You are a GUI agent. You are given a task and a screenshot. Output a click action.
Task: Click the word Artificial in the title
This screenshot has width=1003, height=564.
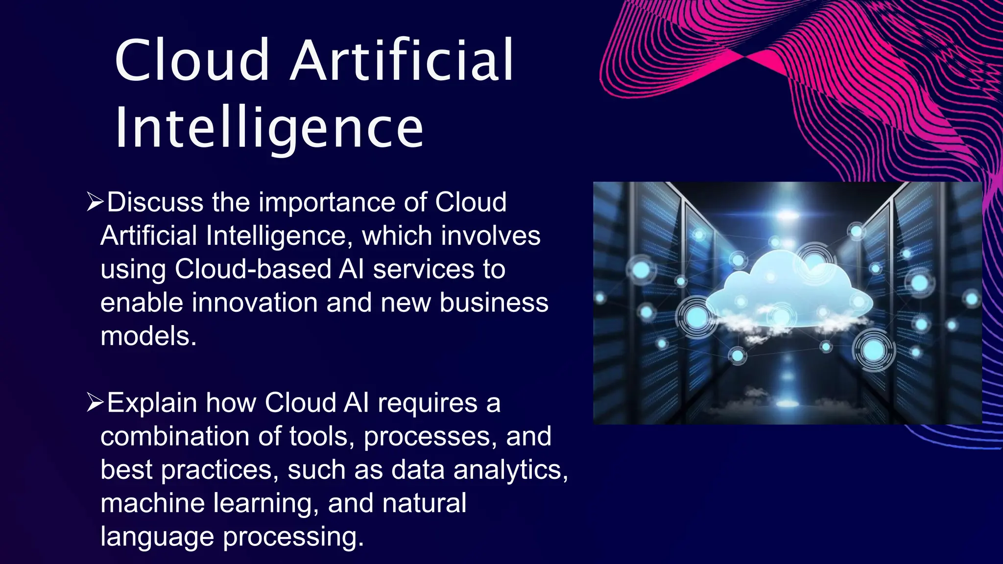[x=402, y=61]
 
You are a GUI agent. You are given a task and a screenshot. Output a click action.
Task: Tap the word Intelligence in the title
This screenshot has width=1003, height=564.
[x=269, y=128]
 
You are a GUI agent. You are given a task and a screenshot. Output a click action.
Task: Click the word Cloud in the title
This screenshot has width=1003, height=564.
[x=192, y=61]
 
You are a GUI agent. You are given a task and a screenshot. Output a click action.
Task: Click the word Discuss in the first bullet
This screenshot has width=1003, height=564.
[x=155, y=202]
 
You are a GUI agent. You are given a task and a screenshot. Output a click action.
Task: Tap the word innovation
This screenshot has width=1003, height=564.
[x=255, y=303]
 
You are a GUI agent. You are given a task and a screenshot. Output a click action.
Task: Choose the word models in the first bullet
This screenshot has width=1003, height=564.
[x=148, y=336]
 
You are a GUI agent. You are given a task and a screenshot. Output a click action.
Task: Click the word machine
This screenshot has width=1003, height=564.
[x=152, y=503]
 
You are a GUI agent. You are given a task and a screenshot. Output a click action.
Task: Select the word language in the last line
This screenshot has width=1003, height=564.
[x=157, y=537]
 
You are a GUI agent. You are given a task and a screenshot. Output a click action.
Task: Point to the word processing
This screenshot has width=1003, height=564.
[x=293, y=537]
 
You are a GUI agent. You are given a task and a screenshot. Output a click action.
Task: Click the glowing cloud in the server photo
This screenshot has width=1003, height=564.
[x=788, y=294]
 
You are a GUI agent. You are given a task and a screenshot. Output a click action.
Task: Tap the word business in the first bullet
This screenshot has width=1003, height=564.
[x=494, y=303]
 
